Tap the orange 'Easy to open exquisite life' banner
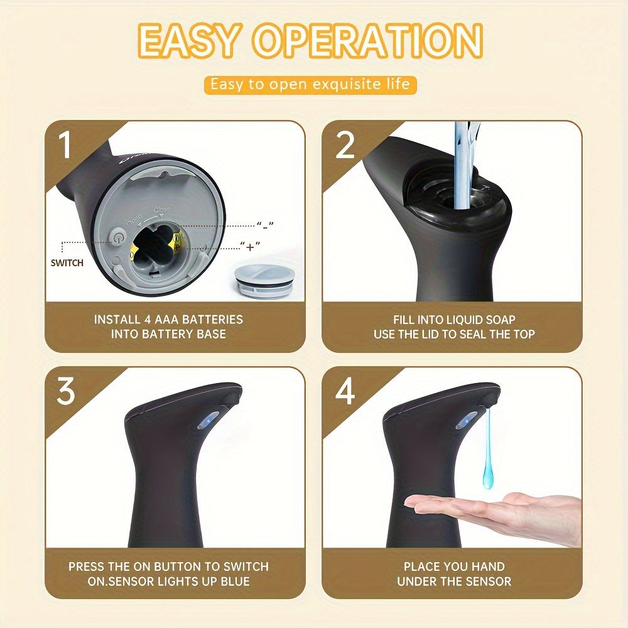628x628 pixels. coord(310,84)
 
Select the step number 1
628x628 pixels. coord(65,145)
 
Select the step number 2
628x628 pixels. coord(345,145)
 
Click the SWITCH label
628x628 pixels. coord(67,263)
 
